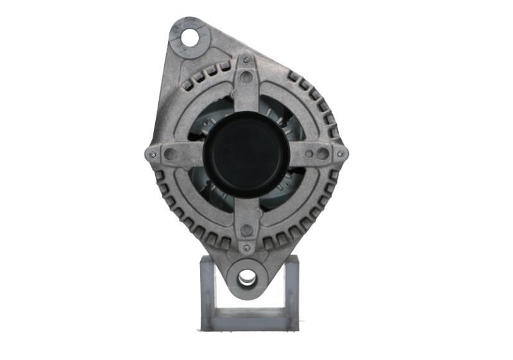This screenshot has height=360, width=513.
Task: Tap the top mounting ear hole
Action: tap(190, 38)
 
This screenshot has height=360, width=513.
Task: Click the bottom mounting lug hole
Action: tap(247, 278)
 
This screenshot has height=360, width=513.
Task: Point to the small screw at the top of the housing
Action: tap(246, 60)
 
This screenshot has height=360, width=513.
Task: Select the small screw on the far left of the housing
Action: tap(152, 154)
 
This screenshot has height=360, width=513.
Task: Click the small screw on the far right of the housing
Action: tap(341, 153)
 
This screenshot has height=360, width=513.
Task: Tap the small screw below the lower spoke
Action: tap(246, 248)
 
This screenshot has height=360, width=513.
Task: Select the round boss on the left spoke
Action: tap(170, 154)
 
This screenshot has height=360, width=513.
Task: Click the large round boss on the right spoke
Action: tap(322, 153)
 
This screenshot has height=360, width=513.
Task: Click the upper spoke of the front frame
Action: tap(246, 96)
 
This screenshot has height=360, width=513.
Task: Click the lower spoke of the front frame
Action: tap(246, 212)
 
